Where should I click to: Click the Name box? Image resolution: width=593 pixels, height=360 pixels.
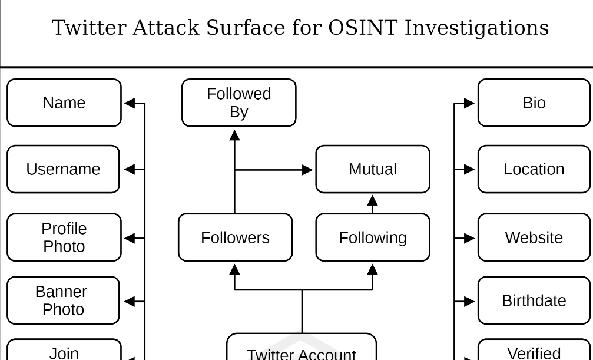point(64,103)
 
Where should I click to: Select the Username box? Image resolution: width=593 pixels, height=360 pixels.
point(63,169)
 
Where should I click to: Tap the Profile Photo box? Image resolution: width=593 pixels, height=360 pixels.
point(64,237)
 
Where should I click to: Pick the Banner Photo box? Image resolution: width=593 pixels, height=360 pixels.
point(63,300)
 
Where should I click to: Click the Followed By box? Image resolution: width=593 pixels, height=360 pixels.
point(238,103)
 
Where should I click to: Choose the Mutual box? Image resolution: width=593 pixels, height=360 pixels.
point(373,169)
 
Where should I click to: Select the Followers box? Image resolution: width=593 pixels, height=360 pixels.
point(235,237)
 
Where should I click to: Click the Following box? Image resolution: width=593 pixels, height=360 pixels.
point(373,237)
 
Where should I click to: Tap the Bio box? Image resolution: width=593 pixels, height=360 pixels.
point(534,103)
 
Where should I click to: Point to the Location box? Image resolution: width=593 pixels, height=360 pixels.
point(534,169)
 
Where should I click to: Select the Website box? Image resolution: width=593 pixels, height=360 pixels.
point(534,237)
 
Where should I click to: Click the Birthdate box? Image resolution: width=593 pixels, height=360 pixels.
point(534,300)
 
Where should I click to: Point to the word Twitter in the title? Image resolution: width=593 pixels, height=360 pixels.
point(89,28)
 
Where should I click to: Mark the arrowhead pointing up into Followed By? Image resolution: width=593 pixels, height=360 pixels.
point(235,136)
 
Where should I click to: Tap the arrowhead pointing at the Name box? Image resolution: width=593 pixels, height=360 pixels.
point(130,103)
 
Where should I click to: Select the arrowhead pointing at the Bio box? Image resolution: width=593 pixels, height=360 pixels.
point(469,103)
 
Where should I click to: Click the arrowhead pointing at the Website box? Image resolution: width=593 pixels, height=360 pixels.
point(469,238)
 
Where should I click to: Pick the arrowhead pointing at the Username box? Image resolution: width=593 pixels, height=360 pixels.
point(130,169)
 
